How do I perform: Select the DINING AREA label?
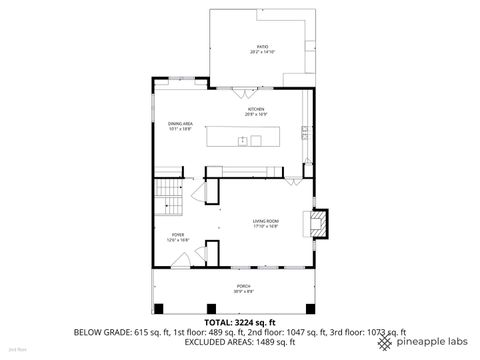[180, 127]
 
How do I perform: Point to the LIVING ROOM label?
[265, 223]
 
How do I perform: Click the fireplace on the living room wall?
[320, 223]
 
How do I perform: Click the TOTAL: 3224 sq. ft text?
[240, 322]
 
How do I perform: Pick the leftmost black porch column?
[155, 306]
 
